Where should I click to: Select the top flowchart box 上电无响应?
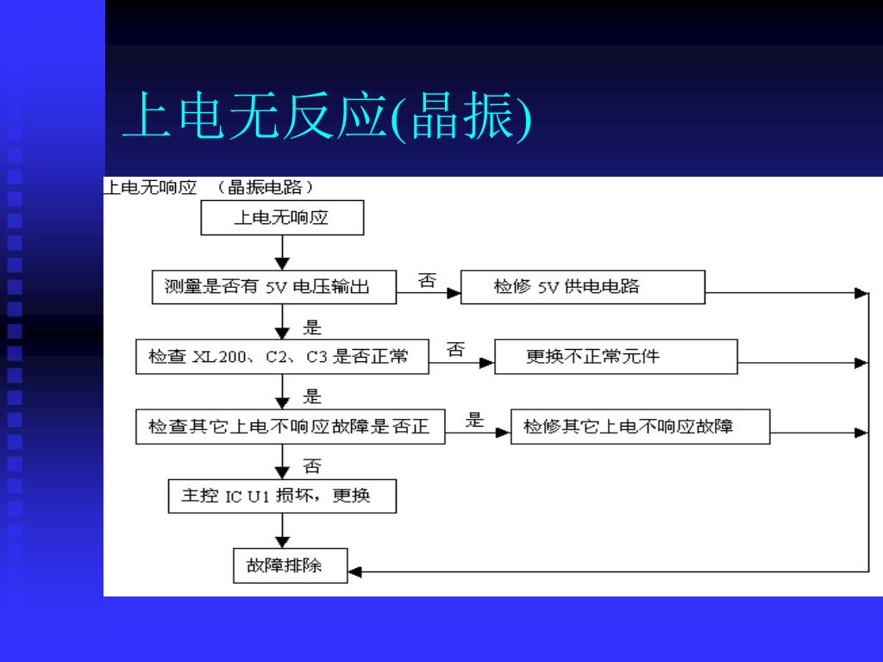(x=282, y=218)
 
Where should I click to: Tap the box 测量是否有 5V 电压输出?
(x=274, y=287)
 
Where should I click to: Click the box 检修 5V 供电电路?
(x=583, y=287)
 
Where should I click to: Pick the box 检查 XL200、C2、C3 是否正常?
(x=282, y=356)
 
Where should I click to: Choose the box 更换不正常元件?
(x=616, y=356)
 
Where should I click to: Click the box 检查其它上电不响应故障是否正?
(x=290, y=426)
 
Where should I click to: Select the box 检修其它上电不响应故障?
(x=640, y=426)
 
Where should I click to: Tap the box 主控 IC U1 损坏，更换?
(x=281, y=496)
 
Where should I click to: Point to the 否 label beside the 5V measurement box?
(x=427, y=280)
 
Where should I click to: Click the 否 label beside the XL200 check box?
(x=455, y=349)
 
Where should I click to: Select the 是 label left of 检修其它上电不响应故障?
(x=475, y=420)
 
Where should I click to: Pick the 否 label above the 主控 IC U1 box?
(x=312, y=466)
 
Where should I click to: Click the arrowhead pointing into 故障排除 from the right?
(x=354, y=571)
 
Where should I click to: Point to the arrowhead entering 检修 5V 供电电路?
(x=454, y=293)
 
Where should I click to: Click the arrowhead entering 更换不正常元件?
(x=486, y=363)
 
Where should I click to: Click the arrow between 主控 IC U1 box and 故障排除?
(x=282, y=530)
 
